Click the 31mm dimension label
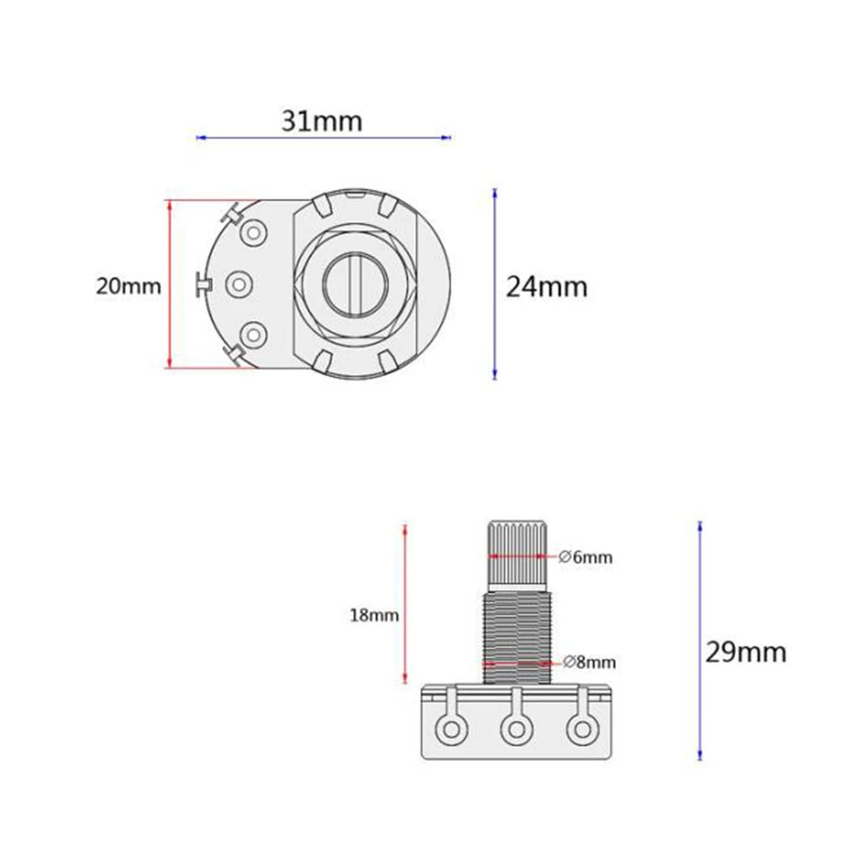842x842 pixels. [x=322, y=121]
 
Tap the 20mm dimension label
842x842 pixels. [x=128, y=286]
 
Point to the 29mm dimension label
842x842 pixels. [x=745, y=652]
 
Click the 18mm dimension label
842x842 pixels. [x=374, y=615]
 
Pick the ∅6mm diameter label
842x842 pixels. [x=586, y=557]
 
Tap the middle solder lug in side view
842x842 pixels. [x=515, y=729]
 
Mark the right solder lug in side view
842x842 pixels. [x=580, y=729]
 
